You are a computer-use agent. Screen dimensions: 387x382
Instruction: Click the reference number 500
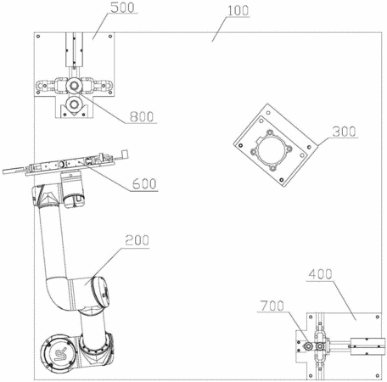tap(122, 8)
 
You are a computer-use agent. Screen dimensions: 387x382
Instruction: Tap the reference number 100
tap(238, 11)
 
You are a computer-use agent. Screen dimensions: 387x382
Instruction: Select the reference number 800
tap(142, 116)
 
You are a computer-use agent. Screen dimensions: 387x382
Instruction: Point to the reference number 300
tap(344, 132)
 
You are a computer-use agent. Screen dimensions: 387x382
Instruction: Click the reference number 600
tap(144, 184)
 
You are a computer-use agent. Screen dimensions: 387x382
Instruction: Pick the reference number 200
tap(137, 240)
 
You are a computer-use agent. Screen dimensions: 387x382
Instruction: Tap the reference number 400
tap(320, 274)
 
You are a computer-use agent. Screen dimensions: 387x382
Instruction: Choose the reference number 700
tap(272, 306)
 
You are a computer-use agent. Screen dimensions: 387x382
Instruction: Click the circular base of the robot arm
tap(59, 352)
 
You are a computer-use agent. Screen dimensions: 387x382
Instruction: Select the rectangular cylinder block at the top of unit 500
tap(75, 49)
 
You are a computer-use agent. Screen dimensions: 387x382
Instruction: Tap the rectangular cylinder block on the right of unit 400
tap(367, 346)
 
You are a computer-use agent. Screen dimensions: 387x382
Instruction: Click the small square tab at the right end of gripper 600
tap(125, 154)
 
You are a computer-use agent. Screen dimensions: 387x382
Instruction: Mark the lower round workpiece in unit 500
tap(74, 104)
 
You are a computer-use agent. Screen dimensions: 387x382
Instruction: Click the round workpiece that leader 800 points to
tap(74, 86)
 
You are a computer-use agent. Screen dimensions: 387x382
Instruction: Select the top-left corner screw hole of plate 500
tap(38, 37)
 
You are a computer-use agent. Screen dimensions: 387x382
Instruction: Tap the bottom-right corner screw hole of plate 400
tap(378, 376)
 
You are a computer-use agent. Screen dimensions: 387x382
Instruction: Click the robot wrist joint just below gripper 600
tap(72, 189)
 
